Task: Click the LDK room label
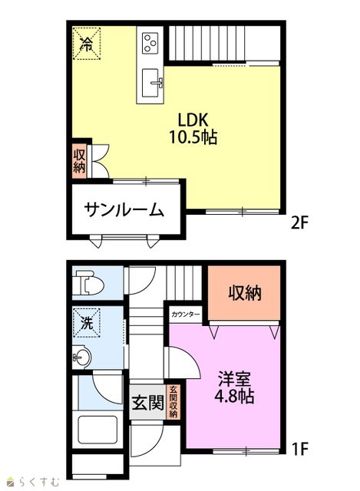[x=193, y=120]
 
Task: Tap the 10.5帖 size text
[x=193, y=137]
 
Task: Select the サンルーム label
[x=124, y=210]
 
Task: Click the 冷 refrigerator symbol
[x=87, y=43]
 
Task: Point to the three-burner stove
[x=150, y=43]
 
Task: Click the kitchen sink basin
[x=150, y=83]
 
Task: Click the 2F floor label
[x=300, y=223]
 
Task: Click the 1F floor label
[x=300, y=449]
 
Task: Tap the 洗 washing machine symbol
[x=87, y=323]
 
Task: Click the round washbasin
[x=82, y=357]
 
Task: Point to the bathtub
[x=97, y=430]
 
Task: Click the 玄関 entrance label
[x=147, y=403]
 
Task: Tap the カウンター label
[x=185, y=315]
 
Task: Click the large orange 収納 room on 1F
[x=244, y=293]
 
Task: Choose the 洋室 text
[x=235, y=378]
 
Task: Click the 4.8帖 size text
[x=235, y=396]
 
